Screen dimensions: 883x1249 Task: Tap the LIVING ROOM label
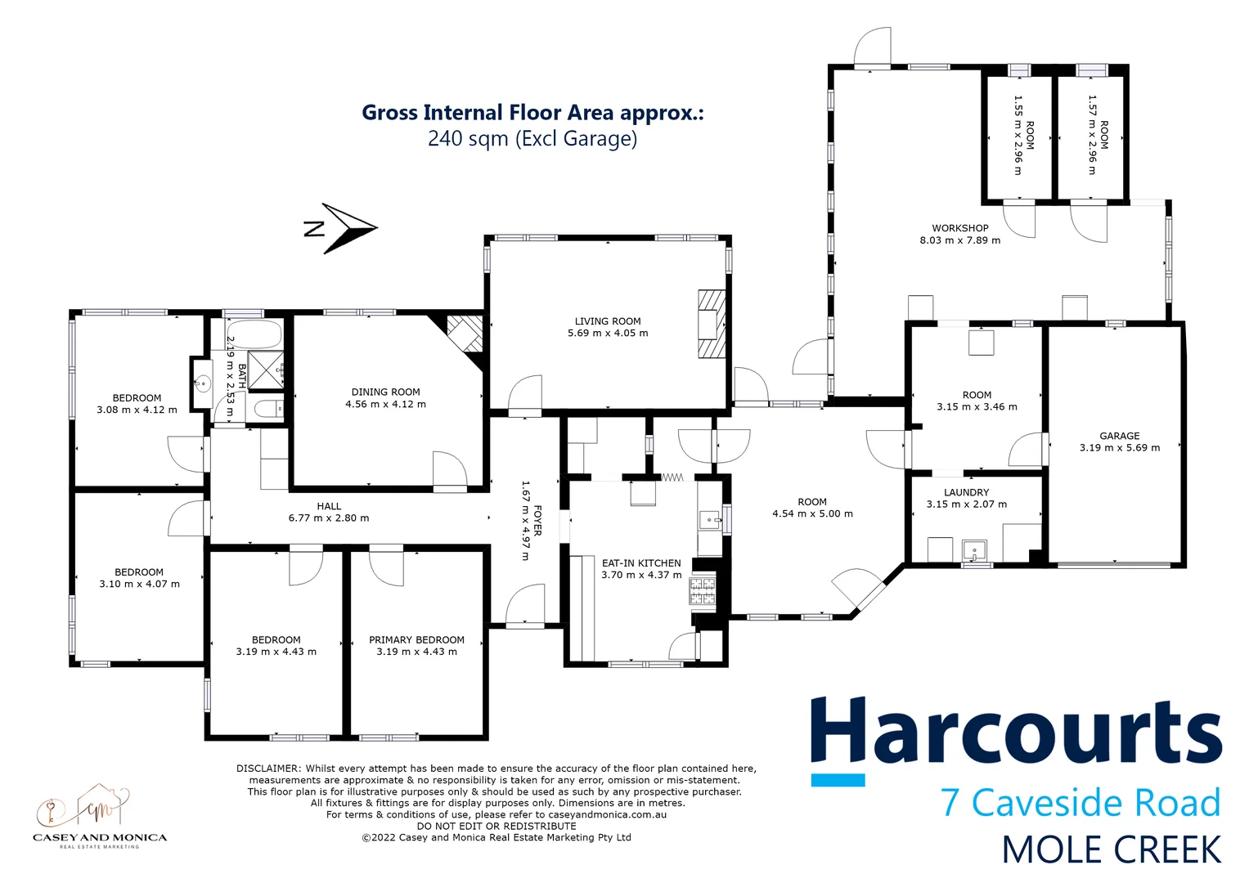[x=608, y=321]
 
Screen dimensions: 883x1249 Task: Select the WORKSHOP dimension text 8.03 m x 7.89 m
[x=959, y=240]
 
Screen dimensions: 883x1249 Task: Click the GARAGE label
[x=1119, y=436]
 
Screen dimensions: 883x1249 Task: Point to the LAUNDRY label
[x=966, y=492]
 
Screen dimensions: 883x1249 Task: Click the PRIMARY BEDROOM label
[x=416, y=640]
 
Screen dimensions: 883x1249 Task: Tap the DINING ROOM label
[x=385, y=392]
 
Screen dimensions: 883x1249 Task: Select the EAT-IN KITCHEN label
[x=641, y=563]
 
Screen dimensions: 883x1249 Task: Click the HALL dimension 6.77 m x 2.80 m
[x=328, y=518]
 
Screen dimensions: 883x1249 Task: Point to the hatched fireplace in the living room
[x=712, y=323]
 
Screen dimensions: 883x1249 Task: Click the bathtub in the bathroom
[x=253, y=333]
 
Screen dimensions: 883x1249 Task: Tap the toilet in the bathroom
[x=267, y=409]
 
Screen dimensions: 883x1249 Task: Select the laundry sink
[x=975, y=549]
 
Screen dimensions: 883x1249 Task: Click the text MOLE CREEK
[x=1111, y=850]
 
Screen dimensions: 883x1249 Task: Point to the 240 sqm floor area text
[x=532, y=138]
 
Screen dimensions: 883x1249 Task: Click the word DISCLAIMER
[x=269, y=769]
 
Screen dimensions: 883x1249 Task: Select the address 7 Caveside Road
[x=1080, y=803]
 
